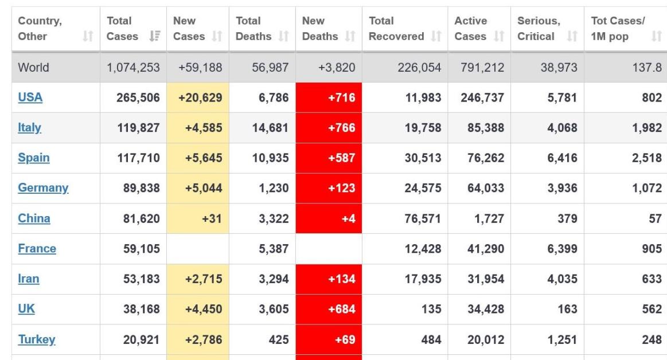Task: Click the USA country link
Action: point(30,97)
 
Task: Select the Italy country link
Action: point(29,128)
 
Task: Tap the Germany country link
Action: point(43,188)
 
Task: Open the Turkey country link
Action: point(37,339)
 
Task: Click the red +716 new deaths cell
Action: point(329,97)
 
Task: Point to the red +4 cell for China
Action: point(329,218)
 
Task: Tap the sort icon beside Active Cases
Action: point(499,37)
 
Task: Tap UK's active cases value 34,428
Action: point(485,310)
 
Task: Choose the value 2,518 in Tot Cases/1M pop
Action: point(647,158)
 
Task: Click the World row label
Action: point(34,68)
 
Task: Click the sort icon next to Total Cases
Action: point(153,37)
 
